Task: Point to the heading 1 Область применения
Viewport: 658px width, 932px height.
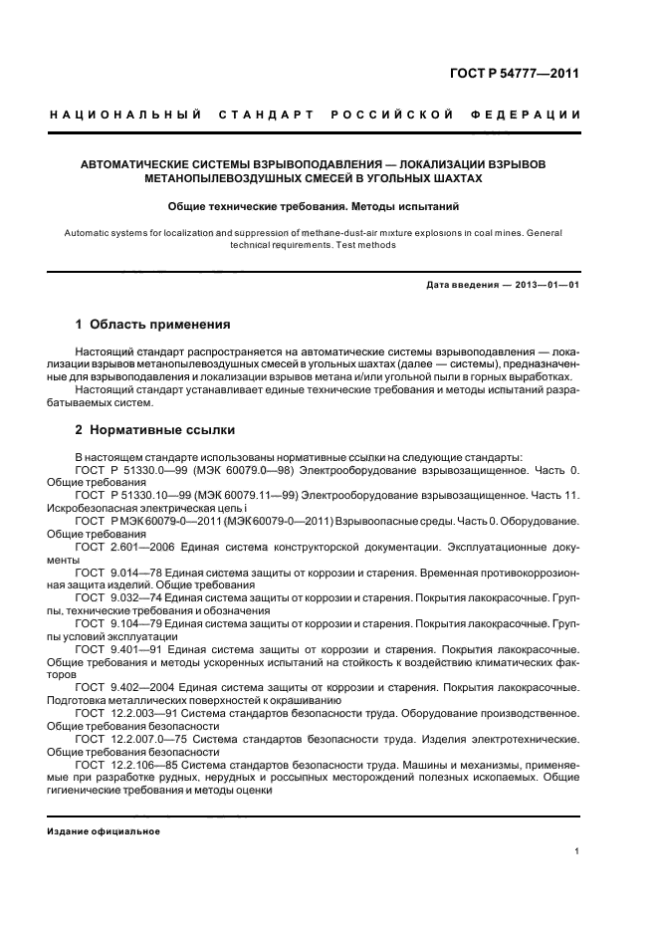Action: pos(153,325)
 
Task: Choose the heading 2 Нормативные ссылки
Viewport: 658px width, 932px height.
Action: pos(155,430)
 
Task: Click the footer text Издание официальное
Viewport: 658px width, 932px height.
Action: pos(104,831)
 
